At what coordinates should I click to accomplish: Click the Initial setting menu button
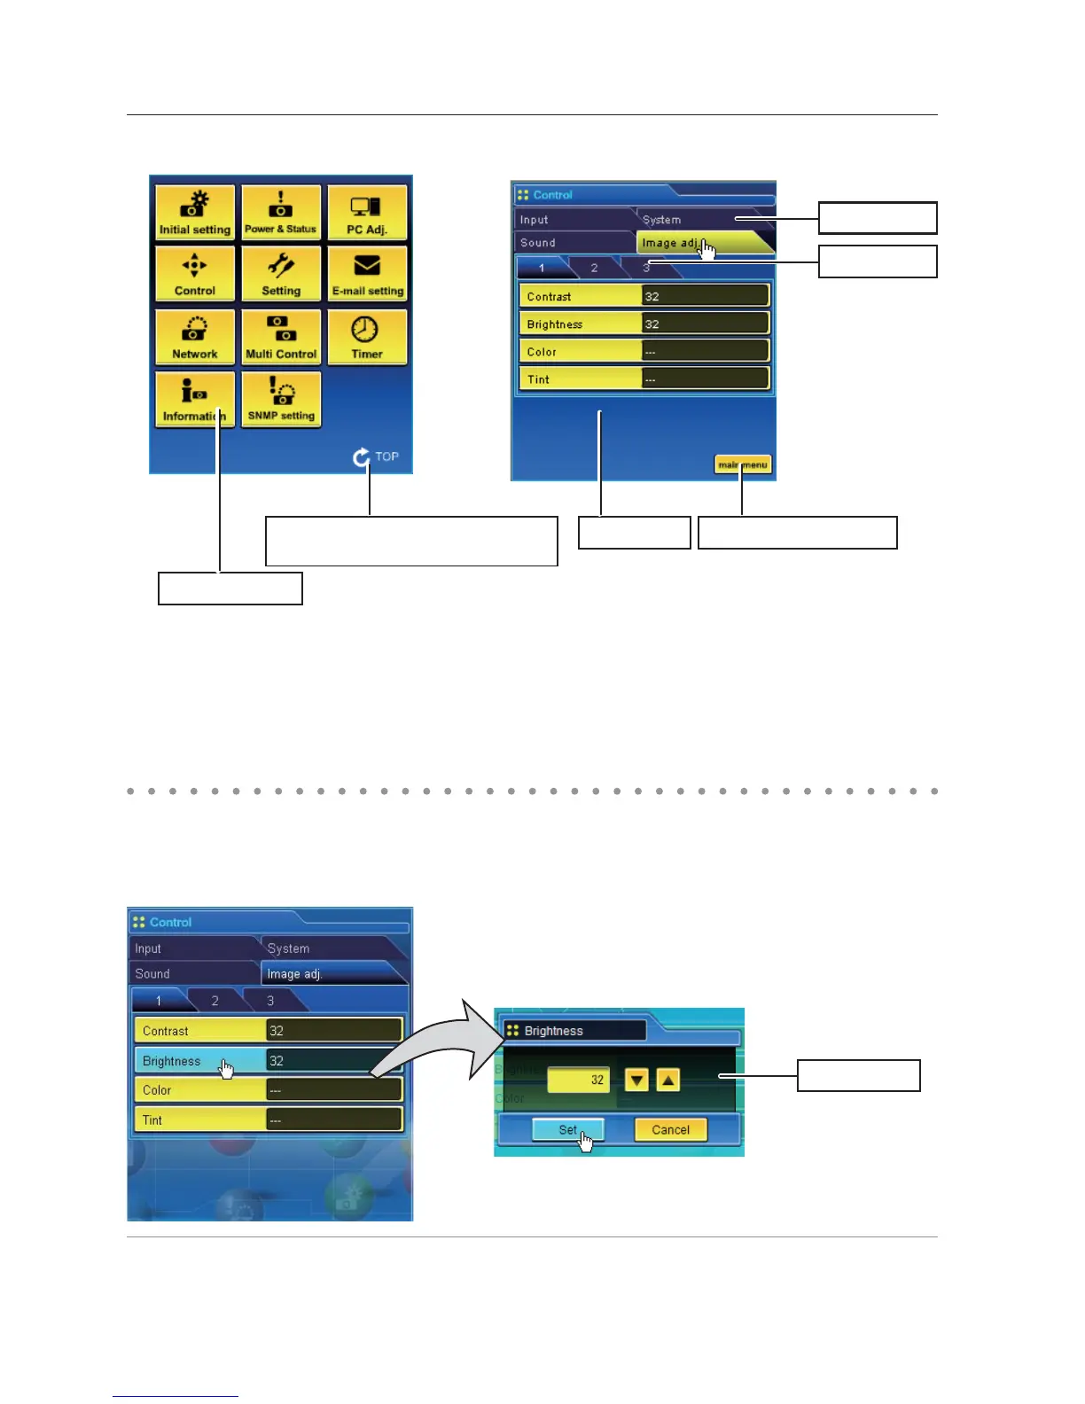coord(195,213)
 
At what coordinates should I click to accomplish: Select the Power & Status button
coord(281,213)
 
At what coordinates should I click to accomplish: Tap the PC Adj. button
coord(367,213)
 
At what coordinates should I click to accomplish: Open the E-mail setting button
coord(367,274)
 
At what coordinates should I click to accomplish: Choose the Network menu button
coord(195,337)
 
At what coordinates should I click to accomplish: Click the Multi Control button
coord(281,337)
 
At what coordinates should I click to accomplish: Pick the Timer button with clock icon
coord(367,337)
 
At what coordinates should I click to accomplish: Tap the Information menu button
coord(195,400)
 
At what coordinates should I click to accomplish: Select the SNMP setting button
coord(281,400)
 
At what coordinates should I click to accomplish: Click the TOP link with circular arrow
coord(376,456)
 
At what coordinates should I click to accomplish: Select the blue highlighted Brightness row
coord(200,1061)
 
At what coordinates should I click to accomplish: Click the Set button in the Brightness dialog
coord(567,1130)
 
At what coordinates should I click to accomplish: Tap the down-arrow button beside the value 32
coord(636,1080)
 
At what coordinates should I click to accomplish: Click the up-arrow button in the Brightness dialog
coord(668,1080)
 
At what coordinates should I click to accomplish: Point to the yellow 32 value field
coord(579,1080)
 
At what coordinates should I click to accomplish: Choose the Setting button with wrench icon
coord(281,274)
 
